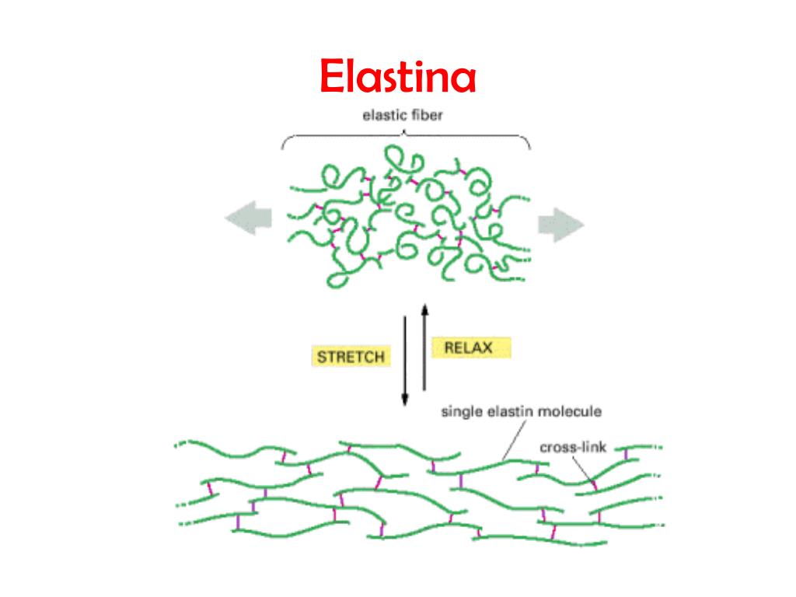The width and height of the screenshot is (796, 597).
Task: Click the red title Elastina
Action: pyautogui.click(x=398, y=76)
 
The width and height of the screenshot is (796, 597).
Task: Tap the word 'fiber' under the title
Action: pyautogui.click(x=426, y=115)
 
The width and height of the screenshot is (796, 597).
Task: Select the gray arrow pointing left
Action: pyautogui.click(x=249, y=218)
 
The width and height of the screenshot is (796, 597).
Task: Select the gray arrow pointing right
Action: pyautogui.click(x=561, y=225)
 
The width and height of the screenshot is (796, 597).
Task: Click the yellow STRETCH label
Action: pyautogui.click(x=351, y=357)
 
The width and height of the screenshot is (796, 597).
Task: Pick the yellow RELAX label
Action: pyautogui.click(x=470, y=347)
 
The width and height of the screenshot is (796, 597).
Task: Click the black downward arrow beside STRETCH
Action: pyautogui.click(x=404, y=361)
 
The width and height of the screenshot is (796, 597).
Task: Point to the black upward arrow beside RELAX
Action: pyautogui.click(x=425, y=347)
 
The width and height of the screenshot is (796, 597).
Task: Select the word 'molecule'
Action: pyautogui.click(x=570, y=411)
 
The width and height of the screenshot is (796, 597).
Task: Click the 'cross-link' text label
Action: pyautogui.click(x=573, y=447)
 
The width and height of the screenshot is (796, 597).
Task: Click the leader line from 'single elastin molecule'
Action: pyautogui.click(x=514, y=440)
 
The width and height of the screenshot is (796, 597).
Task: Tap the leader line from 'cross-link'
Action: pyautogui.click(x=583, y=469)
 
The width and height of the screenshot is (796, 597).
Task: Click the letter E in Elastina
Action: pyautogui.click(x=333, y=76)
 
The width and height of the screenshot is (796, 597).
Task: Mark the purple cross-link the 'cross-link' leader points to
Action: pyautogui.click(x=595, y=486)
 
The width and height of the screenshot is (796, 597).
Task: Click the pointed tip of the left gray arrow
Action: pyautogui.click(x=225, y=218)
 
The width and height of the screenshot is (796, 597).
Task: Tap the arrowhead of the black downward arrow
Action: pyautogui.click(x=404, y=400)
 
